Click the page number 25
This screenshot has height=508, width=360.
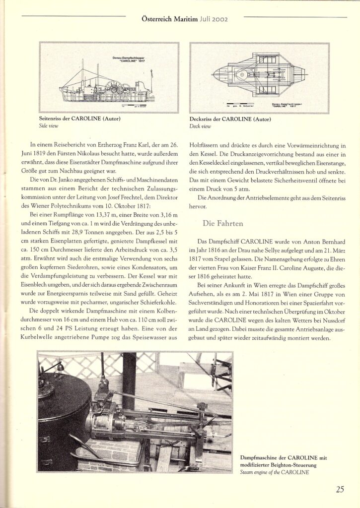pyautogui.click(x=340, y=490)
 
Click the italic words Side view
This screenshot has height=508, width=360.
pyautogui.click(x=49, y=127)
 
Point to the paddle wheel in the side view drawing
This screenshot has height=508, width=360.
pyautogui.click(x=116, y=88)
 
